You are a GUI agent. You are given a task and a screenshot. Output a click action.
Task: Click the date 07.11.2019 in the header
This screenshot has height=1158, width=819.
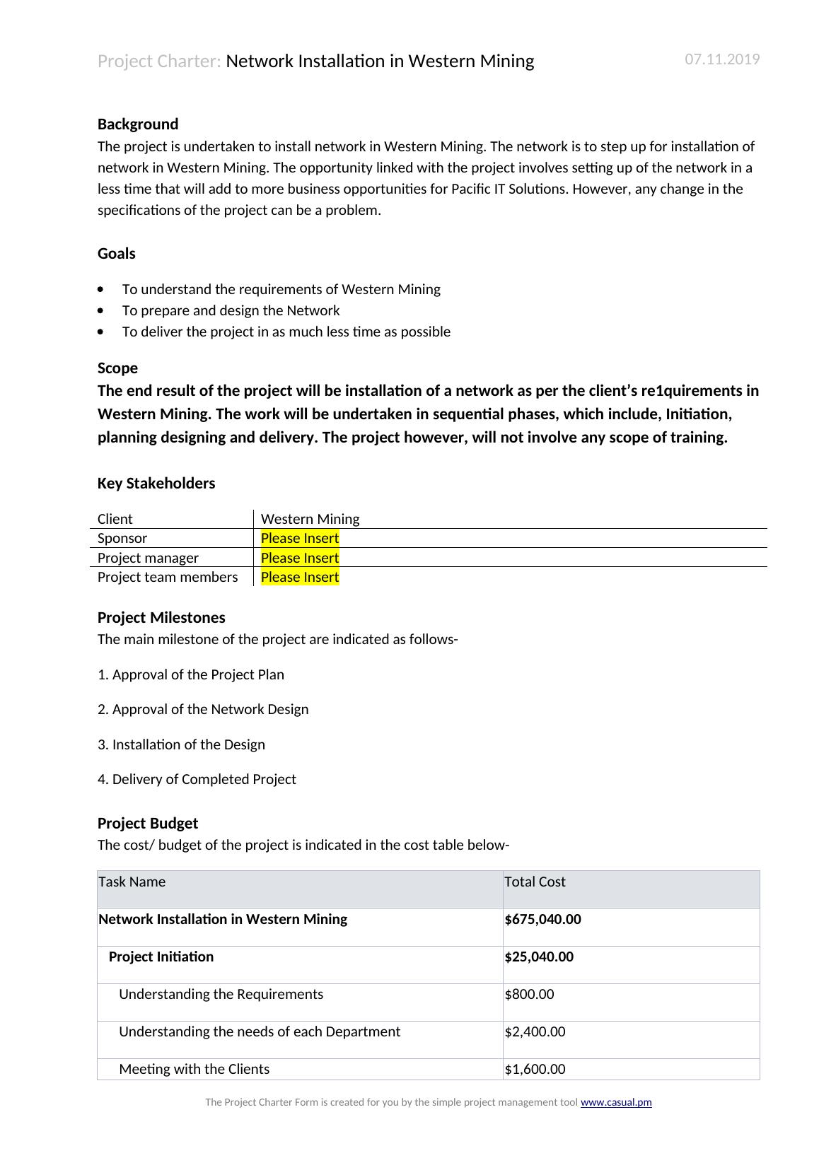point(722,59)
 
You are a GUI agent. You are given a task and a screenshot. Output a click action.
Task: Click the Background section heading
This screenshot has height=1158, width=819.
point(138,124)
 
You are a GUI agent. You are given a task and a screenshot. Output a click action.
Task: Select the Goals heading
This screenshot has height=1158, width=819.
point(117,254)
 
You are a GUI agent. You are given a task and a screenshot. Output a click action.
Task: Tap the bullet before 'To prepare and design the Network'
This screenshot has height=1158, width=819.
point(103,311)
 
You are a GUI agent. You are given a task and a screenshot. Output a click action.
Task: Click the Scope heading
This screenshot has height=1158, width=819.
point(117,368)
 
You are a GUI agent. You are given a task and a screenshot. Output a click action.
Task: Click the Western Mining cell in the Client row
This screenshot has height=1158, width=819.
point(310,519)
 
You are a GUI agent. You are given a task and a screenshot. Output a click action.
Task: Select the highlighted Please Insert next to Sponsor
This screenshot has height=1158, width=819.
point(300,538)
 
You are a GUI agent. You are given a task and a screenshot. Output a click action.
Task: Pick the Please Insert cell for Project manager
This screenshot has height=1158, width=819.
point(300,558)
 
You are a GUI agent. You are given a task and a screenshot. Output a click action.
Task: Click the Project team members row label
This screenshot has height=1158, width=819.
point(168,577)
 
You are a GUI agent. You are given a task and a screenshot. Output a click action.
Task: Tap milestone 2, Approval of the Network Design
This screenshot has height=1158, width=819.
point(203,709)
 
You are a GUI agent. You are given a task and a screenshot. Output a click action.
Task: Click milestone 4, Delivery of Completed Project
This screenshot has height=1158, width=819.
point(197,779)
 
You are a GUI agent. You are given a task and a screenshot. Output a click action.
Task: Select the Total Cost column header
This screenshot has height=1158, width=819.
point(535,882)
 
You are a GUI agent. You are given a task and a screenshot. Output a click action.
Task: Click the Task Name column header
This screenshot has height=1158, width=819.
point(132,882)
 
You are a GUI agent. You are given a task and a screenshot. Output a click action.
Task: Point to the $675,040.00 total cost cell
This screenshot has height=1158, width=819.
point(542,919)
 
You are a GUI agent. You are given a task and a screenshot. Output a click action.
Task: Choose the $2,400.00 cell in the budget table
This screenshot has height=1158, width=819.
point(535,1031)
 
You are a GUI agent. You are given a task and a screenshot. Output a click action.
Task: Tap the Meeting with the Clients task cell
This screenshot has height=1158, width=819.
point(194,1069)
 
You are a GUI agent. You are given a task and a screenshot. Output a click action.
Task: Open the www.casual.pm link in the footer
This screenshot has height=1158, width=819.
point(616,1102)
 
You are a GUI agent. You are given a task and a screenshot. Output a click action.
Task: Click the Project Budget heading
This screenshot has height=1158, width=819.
point(148,824)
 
